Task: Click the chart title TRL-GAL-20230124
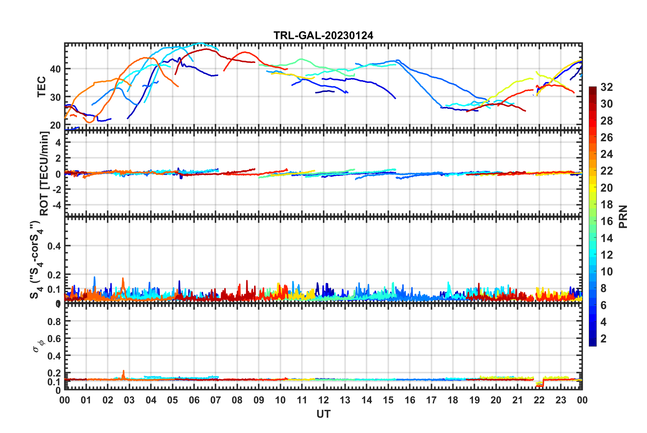pyautogui.click(x=323, y=35)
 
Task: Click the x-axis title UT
pyautogui.click(x=323, y=414)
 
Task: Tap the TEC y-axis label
pyautogui.click(x=42, y=87)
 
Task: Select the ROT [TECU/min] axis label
pyautogui.click(x=44, y=173)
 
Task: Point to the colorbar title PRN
pyautogui.click(x=623, y=216)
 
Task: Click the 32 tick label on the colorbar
pyautogui.click(x=607, y=87)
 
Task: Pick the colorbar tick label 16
pyautogui.click(x=607, y=222)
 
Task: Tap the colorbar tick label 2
pyautogui.click(x=604, y=339)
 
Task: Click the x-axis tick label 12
pyautogui.click(x=323, y=400)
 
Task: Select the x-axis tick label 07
pyautogui.click(x=216, y=400)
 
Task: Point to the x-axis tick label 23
pyautogui.click(x=561, y=400)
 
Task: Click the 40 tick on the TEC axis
pyautogui.click(x=55, y=69)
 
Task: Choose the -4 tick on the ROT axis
pyautogui.click(x=56, y=205)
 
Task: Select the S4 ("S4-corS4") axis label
pyautogui.click(x=36, y=260)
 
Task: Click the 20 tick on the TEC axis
pyautogui.click(x=55, y=125)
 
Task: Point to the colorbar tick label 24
pyautogui.click(x=607, y=155)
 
